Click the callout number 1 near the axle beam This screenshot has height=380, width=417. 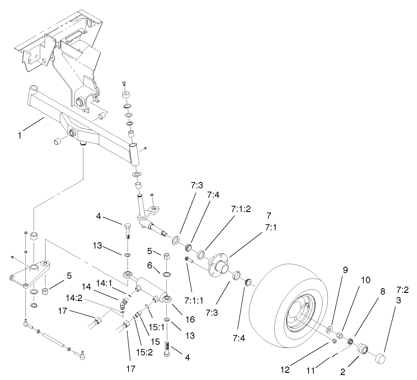pyautogui.click(x=20, y=136)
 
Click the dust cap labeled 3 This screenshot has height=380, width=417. pyautogui.click(x=380, y=358)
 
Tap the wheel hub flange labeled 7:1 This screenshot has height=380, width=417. pyautogui.click(x=219, y=263)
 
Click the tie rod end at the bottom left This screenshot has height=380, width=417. pyautogui.click(x=82, y=354)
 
